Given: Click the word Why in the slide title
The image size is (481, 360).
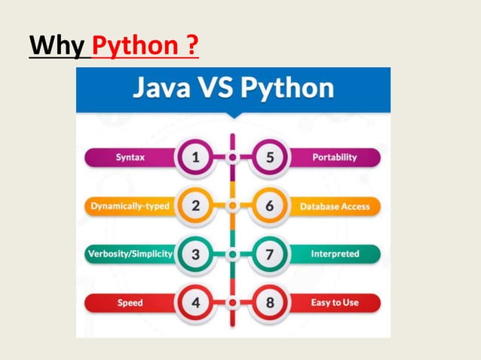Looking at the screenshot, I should click(59, 46).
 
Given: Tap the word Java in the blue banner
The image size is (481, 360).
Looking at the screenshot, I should click(162, 89).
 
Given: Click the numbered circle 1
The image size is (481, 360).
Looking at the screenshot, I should click(195, 157).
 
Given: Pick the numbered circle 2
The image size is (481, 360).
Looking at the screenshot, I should click(195, 206).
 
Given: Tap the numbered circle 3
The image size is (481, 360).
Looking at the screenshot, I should click(195, 254).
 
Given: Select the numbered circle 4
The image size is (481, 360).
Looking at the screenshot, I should click(195, 303).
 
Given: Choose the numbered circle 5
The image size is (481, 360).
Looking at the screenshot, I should click(270, 157).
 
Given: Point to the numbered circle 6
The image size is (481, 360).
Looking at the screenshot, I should click(270, 206).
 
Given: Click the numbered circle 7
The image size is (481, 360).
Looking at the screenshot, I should click(270, 254).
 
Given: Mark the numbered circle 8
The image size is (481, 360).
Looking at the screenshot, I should click(270, 303).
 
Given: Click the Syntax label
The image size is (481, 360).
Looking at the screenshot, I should click(130, 157).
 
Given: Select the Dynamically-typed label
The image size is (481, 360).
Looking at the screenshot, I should click(130, 206).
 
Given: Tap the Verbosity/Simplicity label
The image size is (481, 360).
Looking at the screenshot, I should click(130, 254).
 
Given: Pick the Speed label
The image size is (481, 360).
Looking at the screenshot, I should click(130, 303).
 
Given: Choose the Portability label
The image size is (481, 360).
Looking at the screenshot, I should click(334, 157).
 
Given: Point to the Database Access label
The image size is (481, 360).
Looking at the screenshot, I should click(334, 206).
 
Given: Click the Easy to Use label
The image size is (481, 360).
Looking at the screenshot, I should click(334, 303).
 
